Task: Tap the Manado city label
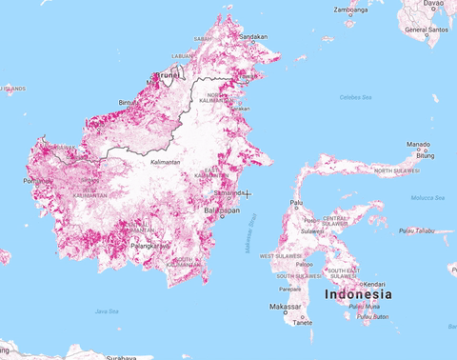tap(419, 145)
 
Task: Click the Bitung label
tap(425, 154)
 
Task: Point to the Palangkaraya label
tap(149, 246)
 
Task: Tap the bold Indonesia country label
tap(357, 294)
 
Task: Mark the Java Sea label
tap(107, 310)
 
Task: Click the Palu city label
tap(297, 203)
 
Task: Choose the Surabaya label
tap(121, 357)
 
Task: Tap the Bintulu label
tap(127, 102)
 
